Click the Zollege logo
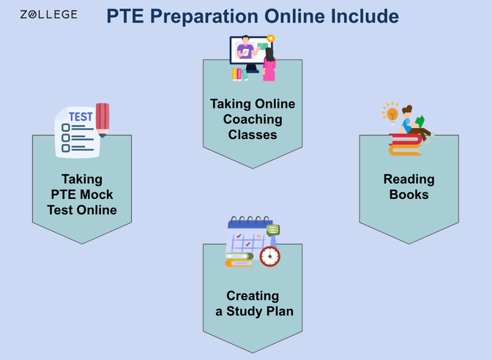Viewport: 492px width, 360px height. (48, 15)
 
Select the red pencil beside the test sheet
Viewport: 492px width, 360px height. (102, 119)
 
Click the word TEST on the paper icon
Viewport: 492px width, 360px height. (80, 116)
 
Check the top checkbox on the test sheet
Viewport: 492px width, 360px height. (66, 127)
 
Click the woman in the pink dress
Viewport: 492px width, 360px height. (269, 64)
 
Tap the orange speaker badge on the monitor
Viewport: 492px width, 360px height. (270, 38)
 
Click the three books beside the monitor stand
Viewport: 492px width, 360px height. (238, 74)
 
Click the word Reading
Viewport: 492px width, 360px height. (409, 179)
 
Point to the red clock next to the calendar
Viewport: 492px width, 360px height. (269, 256)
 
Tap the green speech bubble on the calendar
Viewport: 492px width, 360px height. (273, 230)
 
